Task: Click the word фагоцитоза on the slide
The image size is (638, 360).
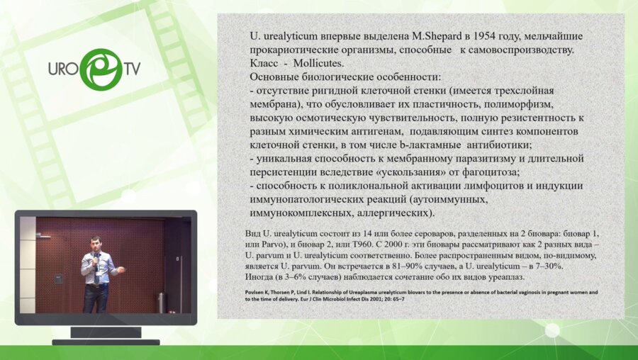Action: [486, 172]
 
